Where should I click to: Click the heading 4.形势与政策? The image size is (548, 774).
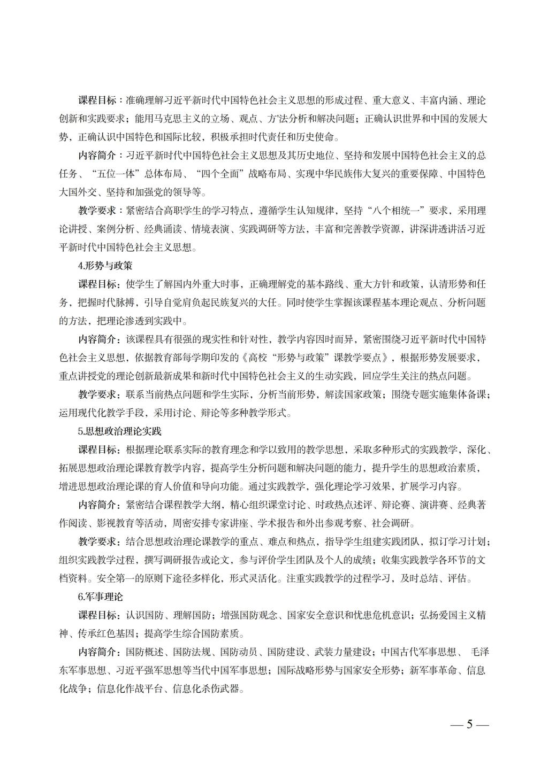[105, 266]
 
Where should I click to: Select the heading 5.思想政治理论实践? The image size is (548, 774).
[119, 431]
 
